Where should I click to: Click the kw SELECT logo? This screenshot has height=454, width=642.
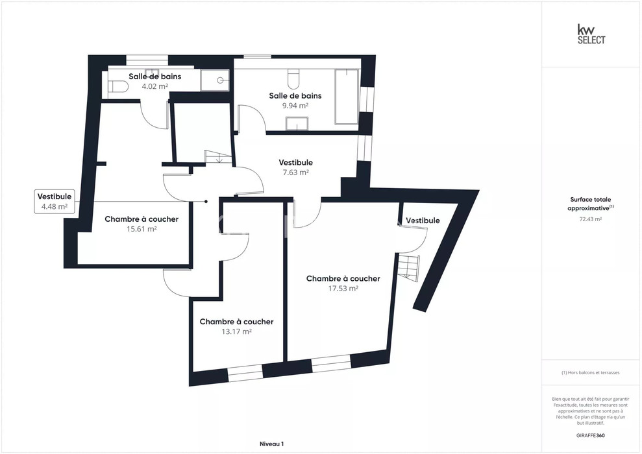tap(591, 34)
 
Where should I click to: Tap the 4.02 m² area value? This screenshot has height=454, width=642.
tap(154, 86)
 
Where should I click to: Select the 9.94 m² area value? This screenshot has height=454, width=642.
tap(295, 106)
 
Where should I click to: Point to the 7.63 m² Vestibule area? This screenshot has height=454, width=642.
tap(295, 172)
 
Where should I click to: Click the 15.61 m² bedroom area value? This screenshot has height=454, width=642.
tap(142, 229)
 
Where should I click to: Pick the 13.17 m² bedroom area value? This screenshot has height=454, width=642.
tap(237, 331)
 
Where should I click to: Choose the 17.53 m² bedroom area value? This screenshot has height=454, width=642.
tap(343, 289)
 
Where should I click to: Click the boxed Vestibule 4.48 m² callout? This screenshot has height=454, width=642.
tap(55, 202)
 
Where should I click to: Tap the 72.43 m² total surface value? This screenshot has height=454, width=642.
tap(590, 219)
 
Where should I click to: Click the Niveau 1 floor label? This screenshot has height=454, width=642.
tap(271, 444)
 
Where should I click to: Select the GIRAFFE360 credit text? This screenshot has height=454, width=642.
tap(591, 436)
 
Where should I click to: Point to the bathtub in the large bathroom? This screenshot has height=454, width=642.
tap(347, 97)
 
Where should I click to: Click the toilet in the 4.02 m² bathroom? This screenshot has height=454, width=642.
tap(118, 86)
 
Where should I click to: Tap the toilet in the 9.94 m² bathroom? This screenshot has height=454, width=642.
tap(294, 79)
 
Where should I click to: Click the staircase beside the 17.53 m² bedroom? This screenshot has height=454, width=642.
tap(408, 267)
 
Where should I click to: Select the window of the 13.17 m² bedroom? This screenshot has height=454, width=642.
tap(245, 374)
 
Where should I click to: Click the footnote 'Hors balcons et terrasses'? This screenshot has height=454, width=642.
tap(591, 373)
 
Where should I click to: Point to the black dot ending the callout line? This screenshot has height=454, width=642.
tap(206, 201)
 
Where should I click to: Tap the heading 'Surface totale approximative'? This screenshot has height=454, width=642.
tap(591, 204)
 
